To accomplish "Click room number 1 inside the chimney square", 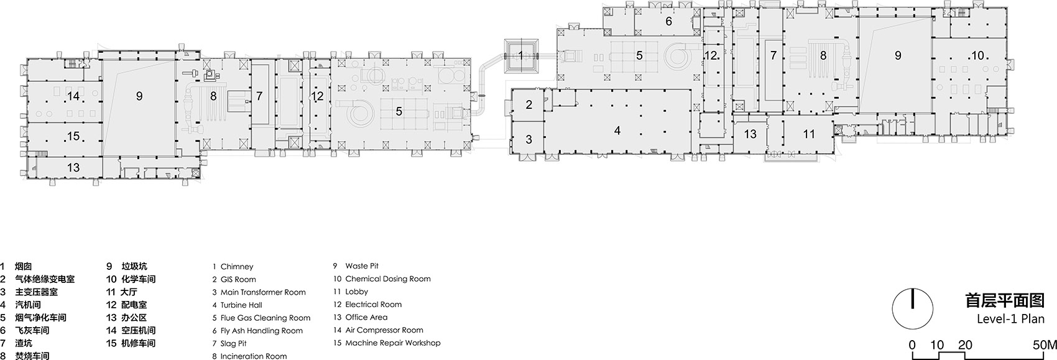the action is click(x=520, y=55).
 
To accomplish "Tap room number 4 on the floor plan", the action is click(x=617, y=131).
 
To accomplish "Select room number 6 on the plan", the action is click(x=668, y=21).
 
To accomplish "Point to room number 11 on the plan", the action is click(x=809, y=134).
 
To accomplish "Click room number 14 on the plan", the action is click(x=73, y=96).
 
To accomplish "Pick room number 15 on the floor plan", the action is click(x=73, y=136).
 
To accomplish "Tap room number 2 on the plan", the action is click(x=529, y=104).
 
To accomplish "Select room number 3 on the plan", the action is click(x=529, y=139).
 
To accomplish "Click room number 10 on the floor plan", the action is click(x=977, y=56).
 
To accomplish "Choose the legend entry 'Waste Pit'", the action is click(x=362, y=266).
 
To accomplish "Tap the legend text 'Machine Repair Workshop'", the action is click(x=393, y=343).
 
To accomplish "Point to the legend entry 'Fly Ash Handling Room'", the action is click(x=261, y=331).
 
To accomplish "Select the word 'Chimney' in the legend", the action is click(x=237, y=267).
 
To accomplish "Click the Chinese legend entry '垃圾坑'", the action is click(x=134, y=266).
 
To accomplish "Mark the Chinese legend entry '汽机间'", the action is click(x=28, y=305).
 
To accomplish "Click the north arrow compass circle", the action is click(x=912, y=309).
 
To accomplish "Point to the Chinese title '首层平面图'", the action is click(x=1004, y=300).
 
